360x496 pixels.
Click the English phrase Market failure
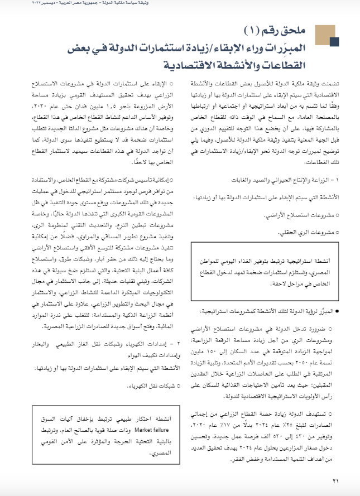(x=149, y=430)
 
